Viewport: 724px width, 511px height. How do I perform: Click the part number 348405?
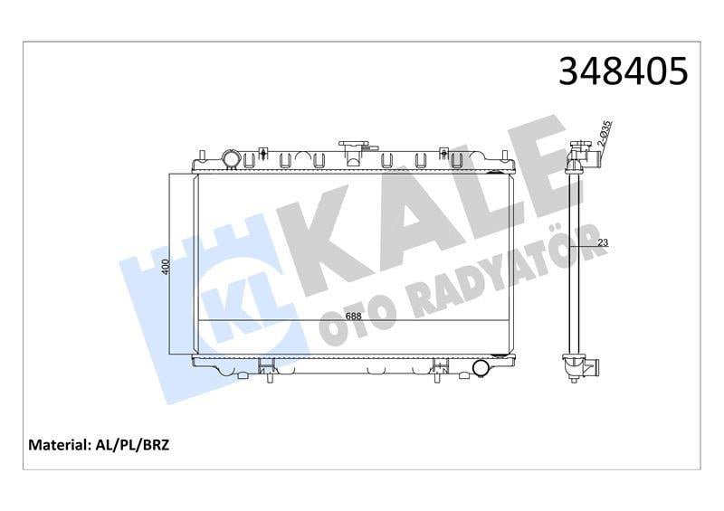623,72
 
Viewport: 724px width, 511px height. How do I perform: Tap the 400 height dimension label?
167,267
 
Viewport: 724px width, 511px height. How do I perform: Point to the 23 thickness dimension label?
603,242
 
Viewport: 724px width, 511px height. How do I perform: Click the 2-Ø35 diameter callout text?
605,134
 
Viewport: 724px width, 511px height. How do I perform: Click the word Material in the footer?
59,445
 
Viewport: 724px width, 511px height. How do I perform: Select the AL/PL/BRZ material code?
132,445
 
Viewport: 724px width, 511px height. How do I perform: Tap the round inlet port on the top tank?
231,159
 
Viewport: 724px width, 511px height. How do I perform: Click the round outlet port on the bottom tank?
481,368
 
